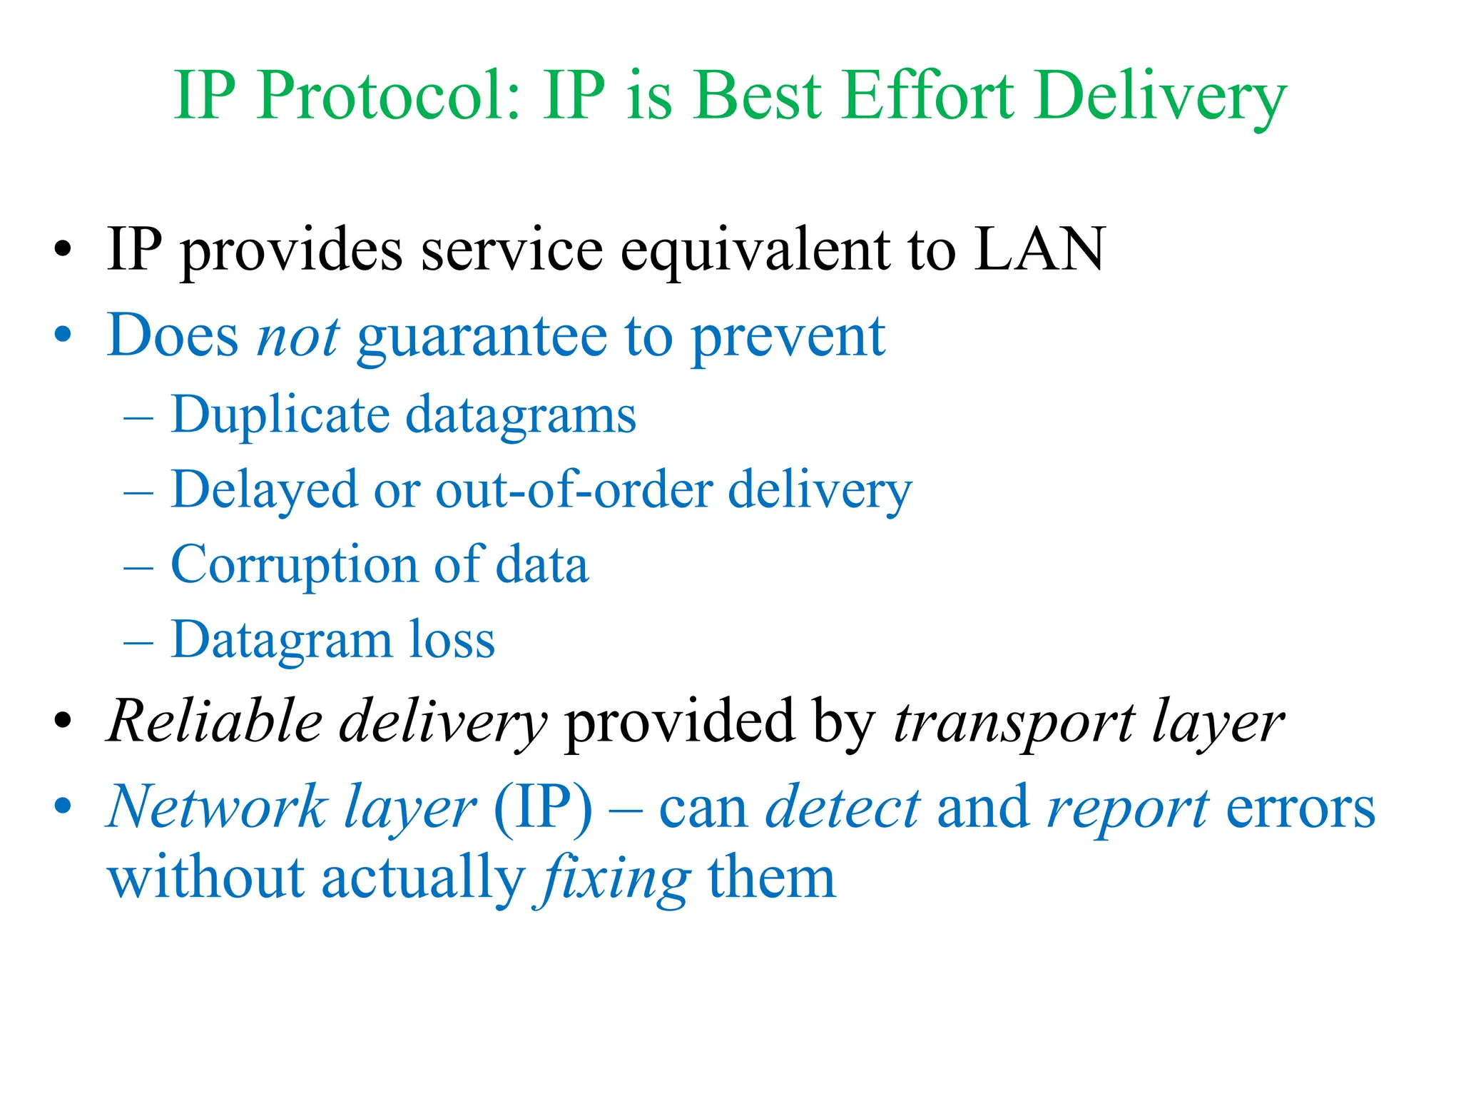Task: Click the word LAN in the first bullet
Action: tap(1040, 249)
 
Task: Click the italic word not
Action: tap(297, 336)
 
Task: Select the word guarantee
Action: tap(482, 338)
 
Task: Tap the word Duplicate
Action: tap(280, 415)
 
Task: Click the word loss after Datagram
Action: tap(452, 640)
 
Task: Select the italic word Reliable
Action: tap(215, 721)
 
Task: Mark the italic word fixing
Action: tap(611, 879)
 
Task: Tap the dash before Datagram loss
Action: tap(138, 641)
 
